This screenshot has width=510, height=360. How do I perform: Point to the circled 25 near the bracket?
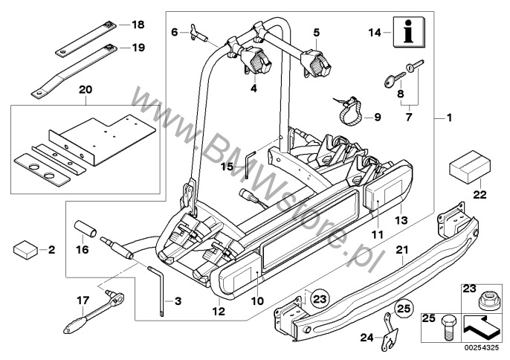(x=403, y=307)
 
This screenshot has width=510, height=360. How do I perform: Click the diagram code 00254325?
(x=484, y=347)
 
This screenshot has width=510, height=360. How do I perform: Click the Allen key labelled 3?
(x=158, y=286)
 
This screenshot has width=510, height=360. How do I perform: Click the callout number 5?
(x=316, y=33)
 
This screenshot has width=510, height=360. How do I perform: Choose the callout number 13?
(x=403, y=220)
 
